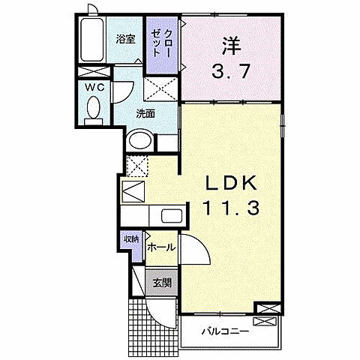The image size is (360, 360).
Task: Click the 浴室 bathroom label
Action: tap(126, 40)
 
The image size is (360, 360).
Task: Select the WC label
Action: tap(94, 87)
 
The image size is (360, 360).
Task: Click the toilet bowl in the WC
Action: tap(94, 112)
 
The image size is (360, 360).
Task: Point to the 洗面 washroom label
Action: tap(145, 114)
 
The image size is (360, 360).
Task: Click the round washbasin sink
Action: tap(138, 140)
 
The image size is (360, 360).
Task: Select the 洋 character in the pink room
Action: tap(229, 44)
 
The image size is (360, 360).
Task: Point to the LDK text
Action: tap(230, 183)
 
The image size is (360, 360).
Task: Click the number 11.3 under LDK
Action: tap(230, 208)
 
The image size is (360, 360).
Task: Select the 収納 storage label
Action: tap(132, 239)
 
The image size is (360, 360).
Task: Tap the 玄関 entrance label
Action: tap(162, 283)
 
